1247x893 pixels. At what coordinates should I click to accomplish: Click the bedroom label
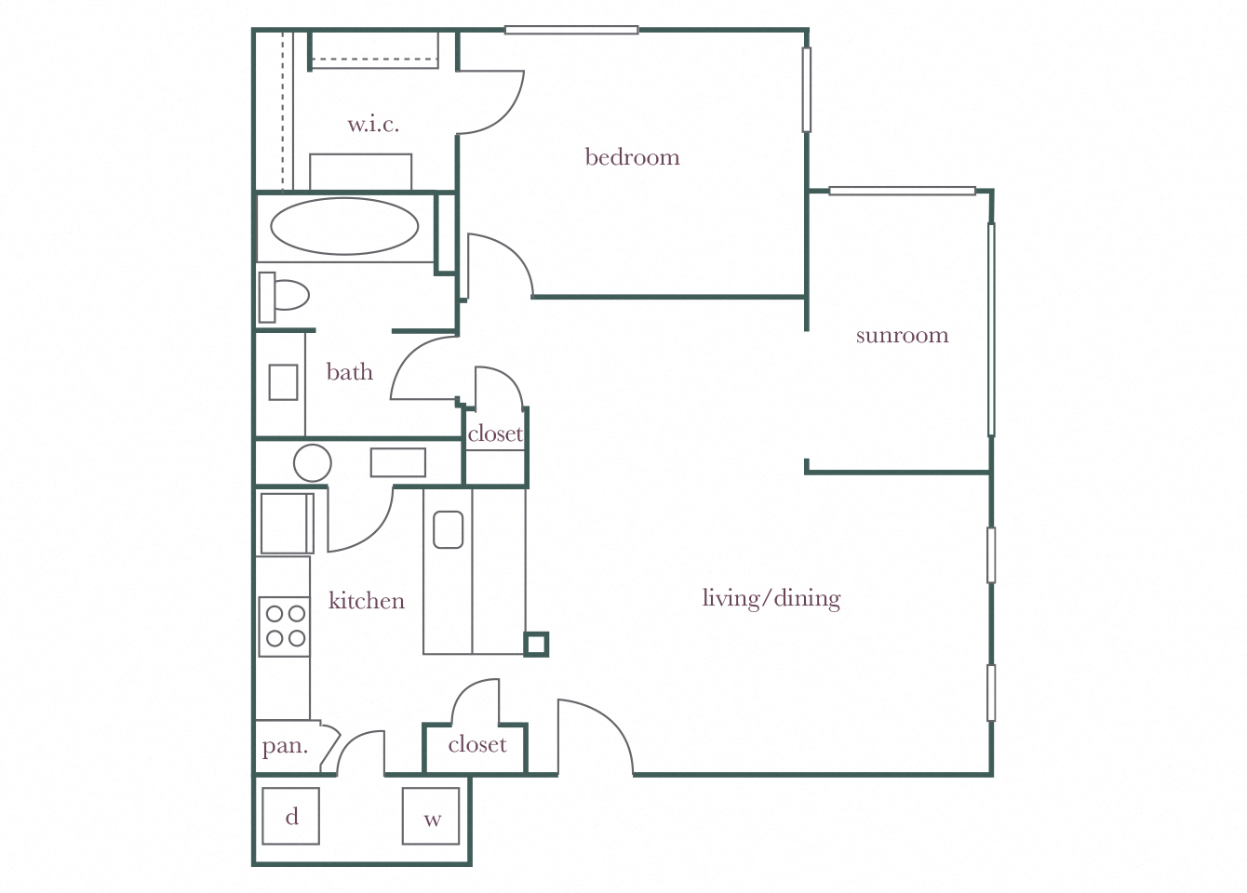632,157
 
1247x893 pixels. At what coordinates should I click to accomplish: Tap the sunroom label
902,335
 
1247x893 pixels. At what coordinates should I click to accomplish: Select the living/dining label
771,598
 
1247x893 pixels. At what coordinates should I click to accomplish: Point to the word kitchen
366,601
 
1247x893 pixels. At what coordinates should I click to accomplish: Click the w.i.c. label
373,124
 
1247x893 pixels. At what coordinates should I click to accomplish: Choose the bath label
349,372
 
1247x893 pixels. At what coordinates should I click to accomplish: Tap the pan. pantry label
284,746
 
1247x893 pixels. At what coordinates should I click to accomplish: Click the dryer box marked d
290,817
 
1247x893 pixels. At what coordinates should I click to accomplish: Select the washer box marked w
431,817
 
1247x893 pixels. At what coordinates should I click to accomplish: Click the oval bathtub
344,226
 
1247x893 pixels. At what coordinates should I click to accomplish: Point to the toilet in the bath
284,297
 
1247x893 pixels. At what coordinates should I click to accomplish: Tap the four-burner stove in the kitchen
285,626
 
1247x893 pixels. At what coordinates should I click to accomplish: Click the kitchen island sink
448,529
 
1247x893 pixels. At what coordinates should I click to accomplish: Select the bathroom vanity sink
283,382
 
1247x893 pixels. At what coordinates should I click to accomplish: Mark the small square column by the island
535,644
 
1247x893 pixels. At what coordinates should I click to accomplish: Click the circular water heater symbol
312,462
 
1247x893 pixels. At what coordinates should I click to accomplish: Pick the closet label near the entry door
476,745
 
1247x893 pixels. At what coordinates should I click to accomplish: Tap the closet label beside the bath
495,434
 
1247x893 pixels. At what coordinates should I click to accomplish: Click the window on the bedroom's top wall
571,31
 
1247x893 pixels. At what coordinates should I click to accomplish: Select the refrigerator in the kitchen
286,524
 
